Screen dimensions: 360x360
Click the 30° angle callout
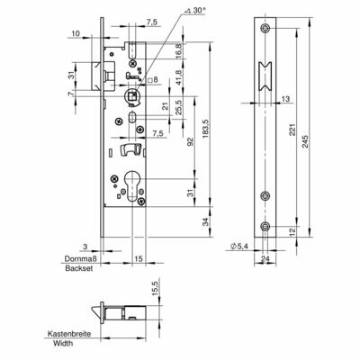195,11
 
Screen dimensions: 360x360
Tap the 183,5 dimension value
205,129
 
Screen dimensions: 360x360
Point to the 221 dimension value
292,129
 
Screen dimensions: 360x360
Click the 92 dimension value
189,141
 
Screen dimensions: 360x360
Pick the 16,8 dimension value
178,50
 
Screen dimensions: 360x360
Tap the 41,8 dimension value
178,77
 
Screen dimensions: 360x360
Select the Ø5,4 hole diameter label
240,247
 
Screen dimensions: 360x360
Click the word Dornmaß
80,258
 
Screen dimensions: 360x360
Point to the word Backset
79,268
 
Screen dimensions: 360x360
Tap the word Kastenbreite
69,334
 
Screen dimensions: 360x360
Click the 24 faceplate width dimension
265,258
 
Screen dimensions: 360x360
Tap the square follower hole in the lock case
131,96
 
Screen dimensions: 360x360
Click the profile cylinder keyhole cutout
131,186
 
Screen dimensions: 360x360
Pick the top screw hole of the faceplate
265,29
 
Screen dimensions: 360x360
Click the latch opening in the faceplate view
265,77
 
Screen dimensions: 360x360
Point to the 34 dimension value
205,222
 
